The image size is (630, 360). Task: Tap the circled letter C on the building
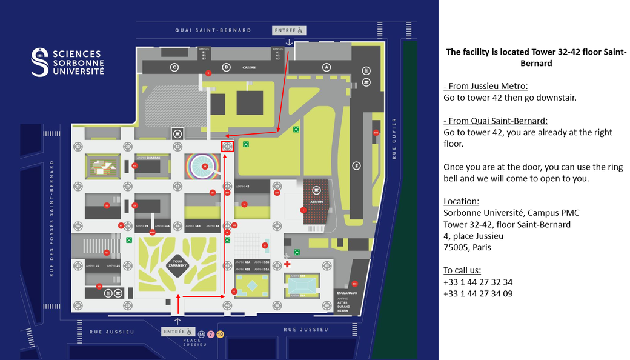coord(174,67)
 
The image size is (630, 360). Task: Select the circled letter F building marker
coord(357,165)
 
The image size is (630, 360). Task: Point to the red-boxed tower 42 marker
coord(228,146)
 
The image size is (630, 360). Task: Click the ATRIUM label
coord(316,202)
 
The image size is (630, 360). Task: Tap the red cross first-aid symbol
coord(287,265)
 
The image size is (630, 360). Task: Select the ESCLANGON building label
coord(347,292)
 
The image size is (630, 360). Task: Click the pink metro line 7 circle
coord(211,333)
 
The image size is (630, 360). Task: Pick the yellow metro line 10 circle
coord(220,333)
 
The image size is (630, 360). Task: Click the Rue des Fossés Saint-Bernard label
coord(53,218)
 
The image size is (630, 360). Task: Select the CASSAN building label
coord(250,68)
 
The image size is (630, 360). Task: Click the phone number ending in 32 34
coord(478,282)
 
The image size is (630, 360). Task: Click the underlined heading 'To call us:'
coord(462,270)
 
